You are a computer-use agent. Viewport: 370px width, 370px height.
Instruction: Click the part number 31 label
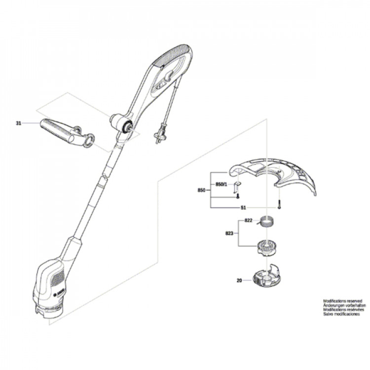(x=18, y=123)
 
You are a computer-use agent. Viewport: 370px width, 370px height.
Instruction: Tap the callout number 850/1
(x=221, y=185)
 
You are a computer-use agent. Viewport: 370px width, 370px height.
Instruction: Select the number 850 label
(x=201, y=190)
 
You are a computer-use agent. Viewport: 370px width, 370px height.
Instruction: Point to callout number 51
(x=243, y=208)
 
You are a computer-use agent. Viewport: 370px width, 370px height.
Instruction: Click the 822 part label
(x=248, y=221)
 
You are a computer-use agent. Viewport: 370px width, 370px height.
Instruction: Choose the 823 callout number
(x=229, y=233)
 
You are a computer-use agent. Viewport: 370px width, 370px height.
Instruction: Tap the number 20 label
(x=239, y=281)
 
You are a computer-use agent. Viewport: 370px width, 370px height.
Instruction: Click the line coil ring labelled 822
(x=267, y=222)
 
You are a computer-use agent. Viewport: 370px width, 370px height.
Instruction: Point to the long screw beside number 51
(x=279, y=203)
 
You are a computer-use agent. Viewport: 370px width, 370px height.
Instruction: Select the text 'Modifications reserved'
(x=342, y=301)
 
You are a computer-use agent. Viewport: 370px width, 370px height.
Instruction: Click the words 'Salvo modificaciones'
(x=341, y=314)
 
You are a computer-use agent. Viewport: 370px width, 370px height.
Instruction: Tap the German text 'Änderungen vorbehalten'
(x=344, y=305)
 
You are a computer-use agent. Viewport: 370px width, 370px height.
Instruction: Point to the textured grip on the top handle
(x=172, y=55)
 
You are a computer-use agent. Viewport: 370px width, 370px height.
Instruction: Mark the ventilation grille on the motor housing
(x=58, y=278)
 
